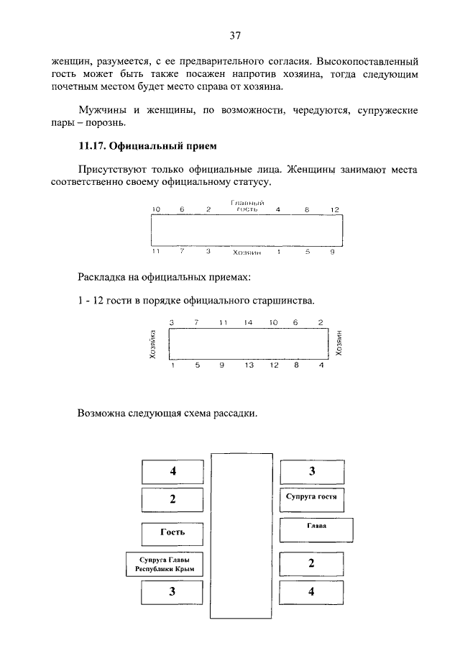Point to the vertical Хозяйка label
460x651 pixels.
click(x=152, y=344)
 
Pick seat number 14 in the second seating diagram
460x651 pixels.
click(x=248, y=322)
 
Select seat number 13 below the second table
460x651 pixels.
click(x=249, y=365)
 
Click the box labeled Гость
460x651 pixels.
click(x=172, y=532)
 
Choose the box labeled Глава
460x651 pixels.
click(x=316, y=529)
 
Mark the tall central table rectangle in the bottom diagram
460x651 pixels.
click(x=241, y=535)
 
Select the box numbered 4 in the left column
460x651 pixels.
click(x=172, y=472)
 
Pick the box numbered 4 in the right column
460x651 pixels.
click(x=311, y=593)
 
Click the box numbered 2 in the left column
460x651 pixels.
click(x=172, y=499)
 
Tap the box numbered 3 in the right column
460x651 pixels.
click(x=311, y=472)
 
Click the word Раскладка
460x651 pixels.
click(x=105, y=276)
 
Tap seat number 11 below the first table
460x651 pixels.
click(x=155, y=252)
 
